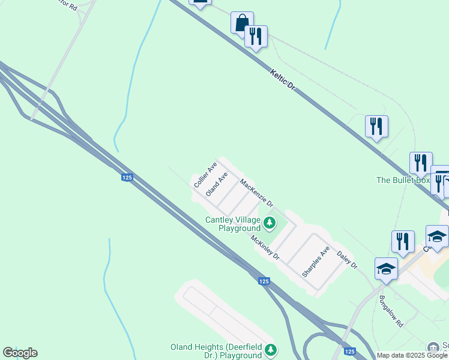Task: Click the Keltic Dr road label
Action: tap(283, 79)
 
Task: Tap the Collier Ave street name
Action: tap(205, 175)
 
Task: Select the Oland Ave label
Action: tap(217, 184)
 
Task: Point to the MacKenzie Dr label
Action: tap(257, 193)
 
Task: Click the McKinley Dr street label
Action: tap(265, 247)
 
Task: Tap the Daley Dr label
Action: tap(346, 260)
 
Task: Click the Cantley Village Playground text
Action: tap(233, 224)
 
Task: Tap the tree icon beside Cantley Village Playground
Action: tap(270, 224)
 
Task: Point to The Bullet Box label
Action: tap(403, 180)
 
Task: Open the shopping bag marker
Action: tap(242, 23)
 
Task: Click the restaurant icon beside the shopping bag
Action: tap(256, 37)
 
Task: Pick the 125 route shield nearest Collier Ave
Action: tap(127, 177)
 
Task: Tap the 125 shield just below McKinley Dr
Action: tap(264, 281)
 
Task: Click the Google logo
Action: tap(20, 353)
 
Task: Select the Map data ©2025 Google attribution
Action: tap(412, 355)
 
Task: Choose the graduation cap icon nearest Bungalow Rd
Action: tap(386, 269)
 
